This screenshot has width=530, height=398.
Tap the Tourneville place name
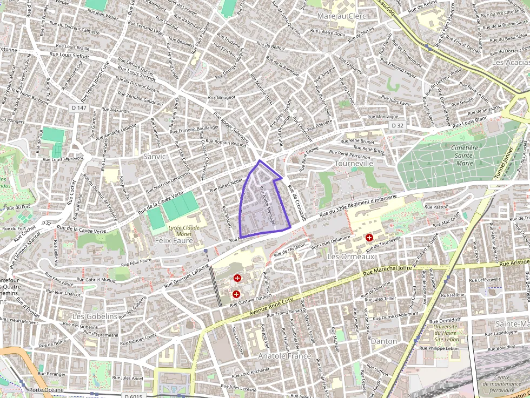(354, 163)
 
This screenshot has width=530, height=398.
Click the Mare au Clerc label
(342, 16)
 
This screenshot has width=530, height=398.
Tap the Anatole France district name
(284, 356)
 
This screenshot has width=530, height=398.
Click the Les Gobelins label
(95, 316)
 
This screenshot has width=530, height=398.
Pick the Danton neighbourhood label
(383, 341)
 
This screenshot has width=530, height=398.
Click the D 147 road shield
(79, 108)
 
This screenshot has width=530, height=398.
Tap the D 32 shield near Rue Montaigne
(398, 125)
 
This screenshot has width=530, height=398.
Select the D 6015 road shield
(133, 396)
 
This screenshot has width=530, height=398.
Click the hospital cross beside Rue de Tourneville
(369, 238)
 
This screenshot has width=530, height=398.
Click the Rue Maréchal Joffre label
(388, 268)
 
